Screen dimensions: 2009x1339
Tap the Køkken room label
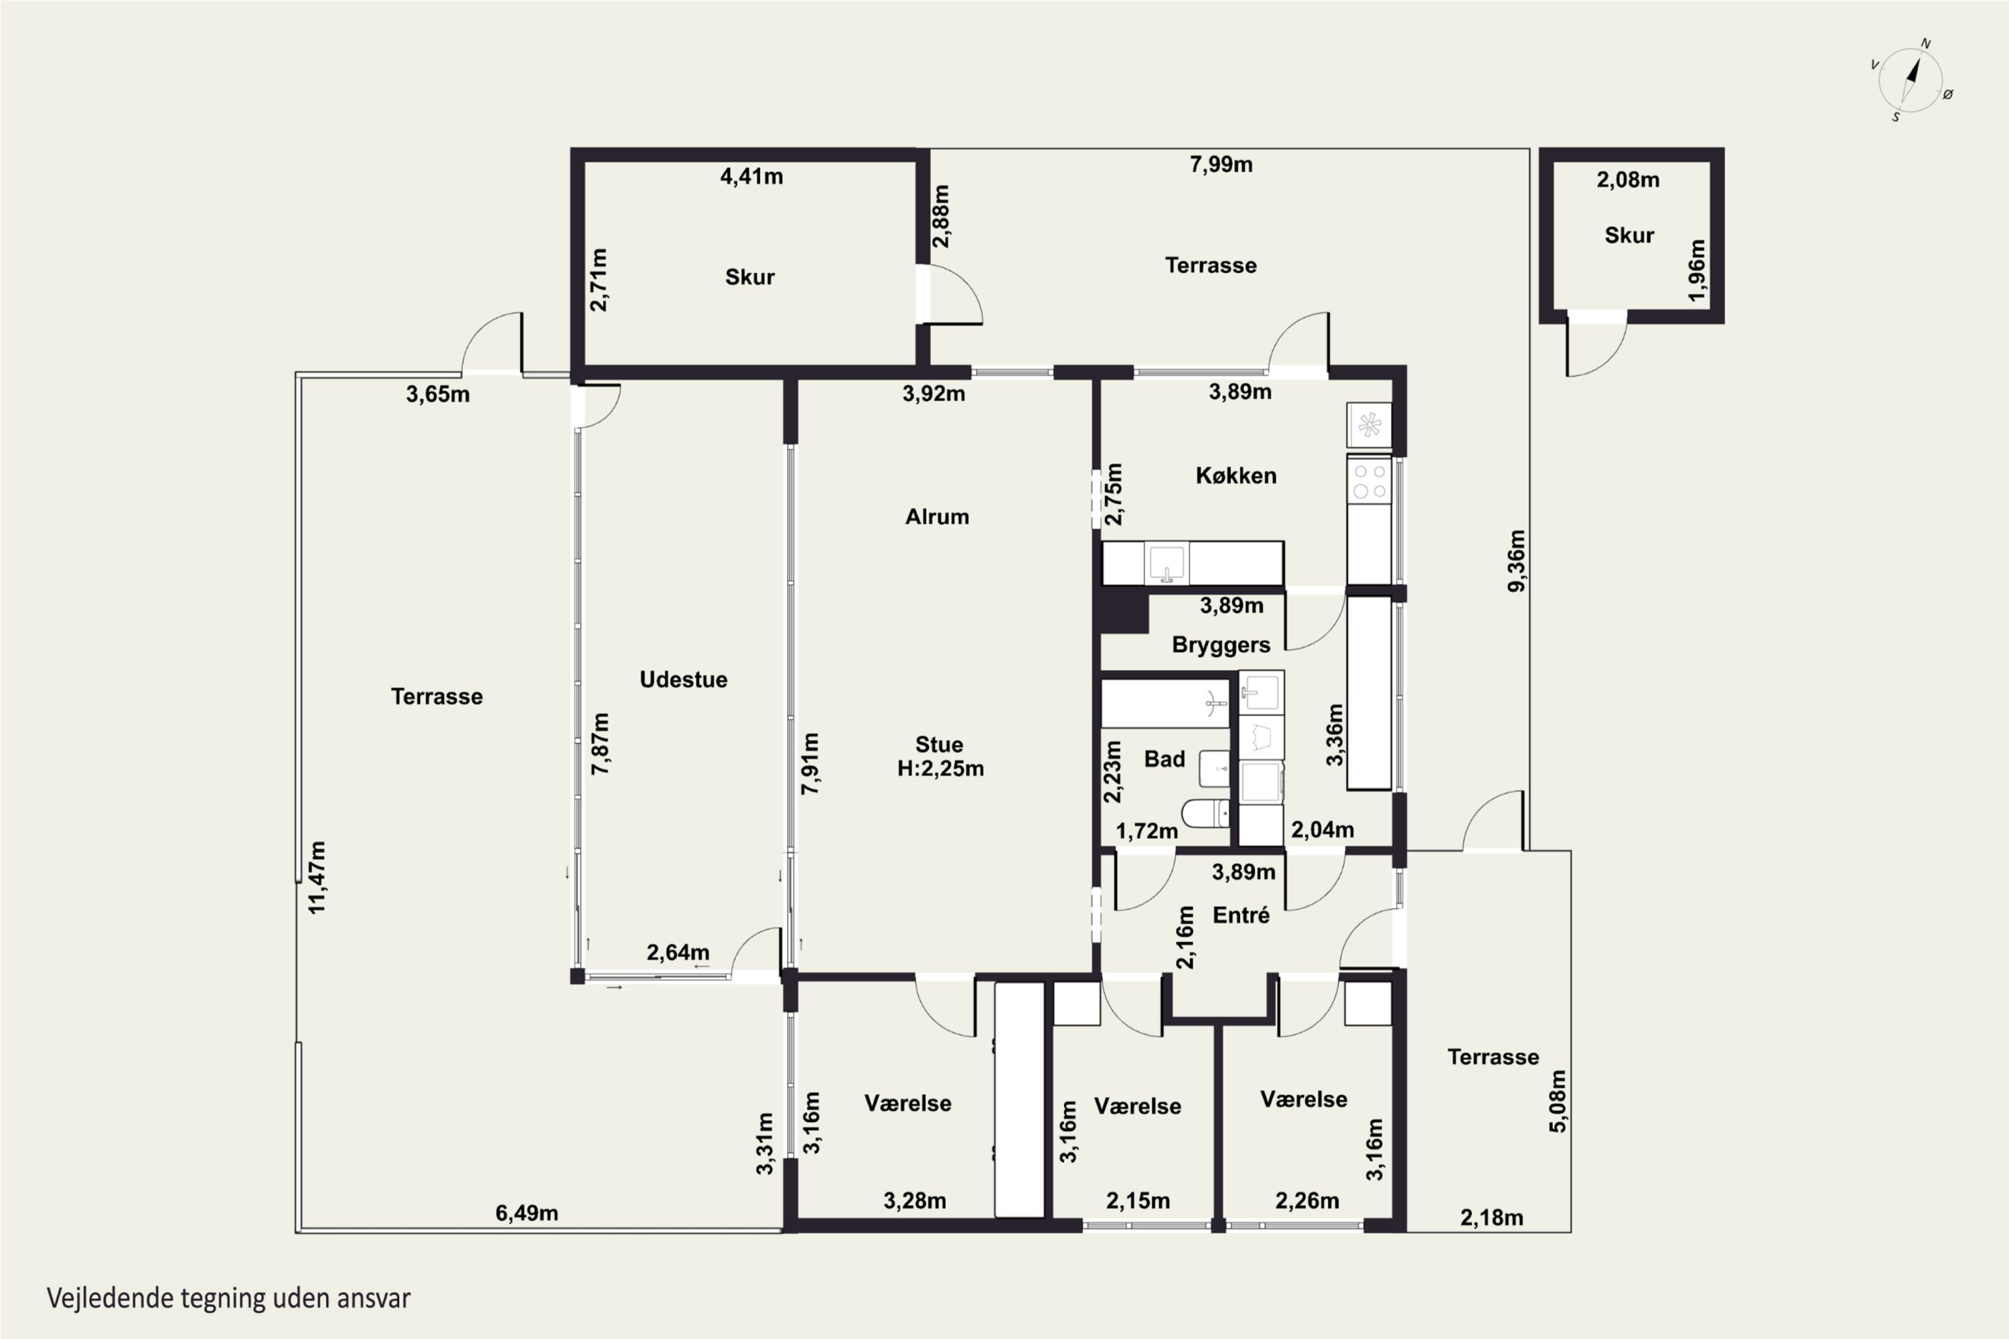[x=1236, y=475]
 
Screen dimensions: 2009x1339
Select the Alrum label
[x=937, y=517]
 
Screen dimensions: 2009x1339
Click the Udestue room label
[x=683, y=680]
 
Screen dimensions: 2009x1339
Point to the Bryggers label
[x=1221, y=645]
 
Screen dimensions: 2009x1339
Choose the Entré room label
[x=1241, y=915]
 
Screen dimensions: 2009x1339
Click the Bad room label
[x=1165, y=759]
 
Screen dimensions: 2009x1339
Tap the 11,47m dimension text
[x=317, y=878]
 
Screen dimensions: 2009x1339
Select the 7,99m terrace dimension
[x=1221, y=165]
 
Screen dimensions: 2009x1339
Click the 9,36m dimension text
[x=1516, y=561]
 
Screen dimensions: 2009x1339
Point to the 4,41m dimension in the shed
[x=751, y=177]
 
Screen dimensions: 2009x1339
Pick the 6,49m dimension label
[x=527, y=1212]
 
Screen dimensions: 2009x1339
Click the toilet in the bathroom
[x=1205, y=813]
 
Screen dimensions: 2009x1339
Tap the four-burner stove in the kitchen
[x=1369, y=481]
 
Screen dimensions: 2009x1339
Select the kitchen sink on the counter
[x=1166, y=564]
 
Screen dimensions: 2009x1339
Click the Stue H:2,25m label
[x=940, y=757]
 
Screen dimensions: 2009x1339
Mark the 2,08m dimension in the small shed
[x=1628, y=180]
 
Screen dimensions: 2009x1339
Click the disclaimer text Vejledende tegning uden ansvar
[x=229, y=1298]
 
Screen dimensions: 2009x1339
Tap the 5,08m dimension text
[x=1558, y=1101]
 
